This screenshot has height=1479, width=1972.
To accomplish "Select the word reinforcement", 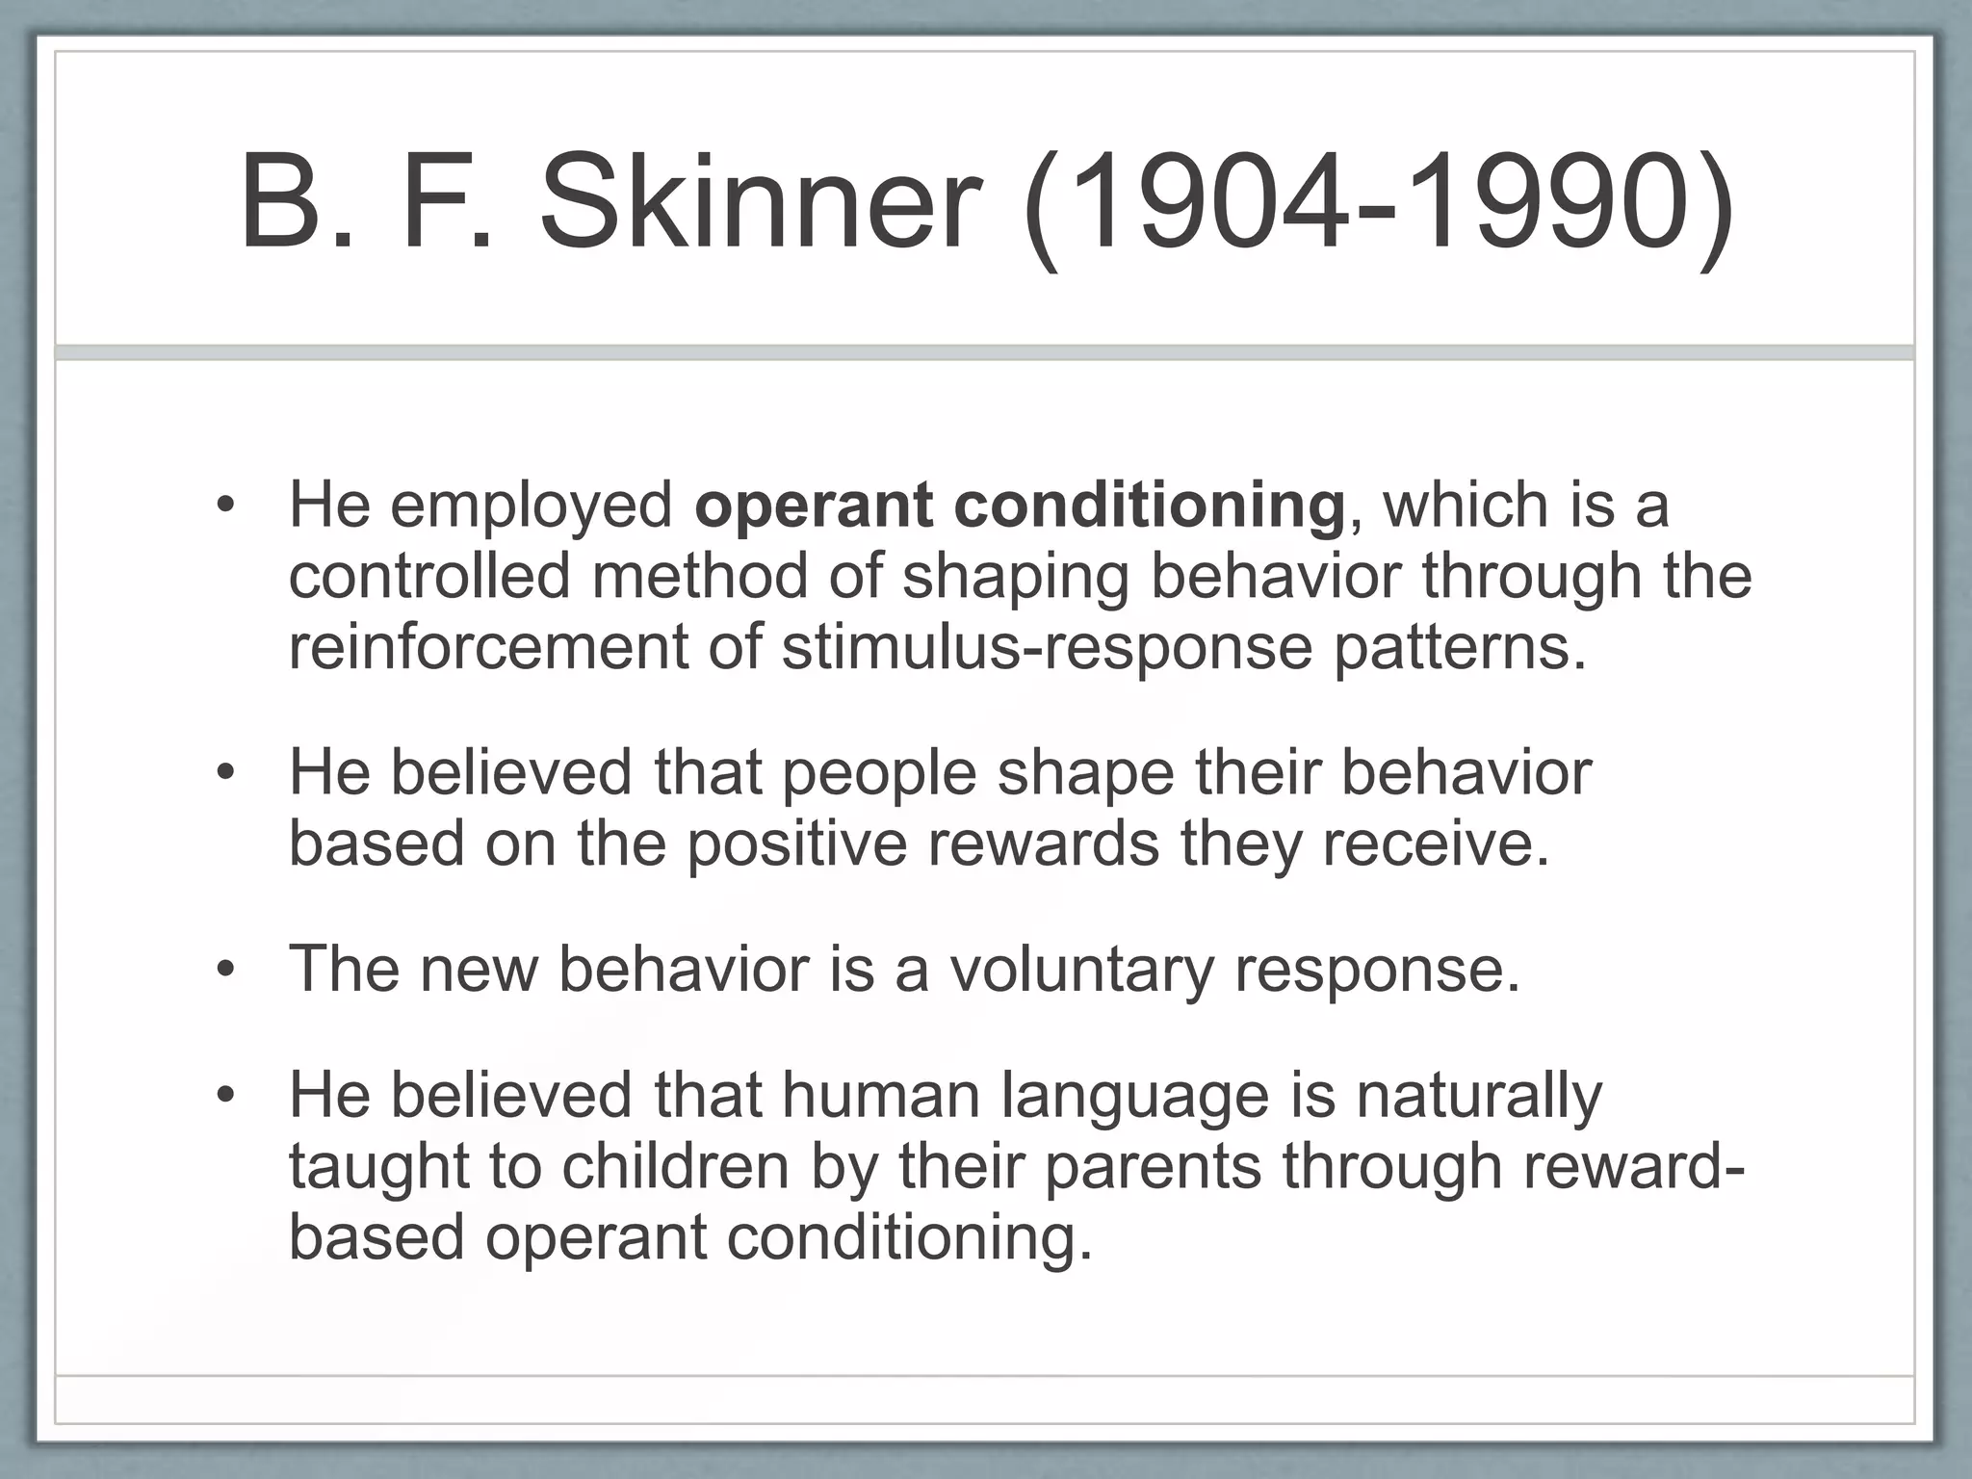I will pos(488,646).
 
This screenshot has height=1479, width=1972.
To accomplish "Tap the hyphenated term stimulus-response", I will pos(1048,648).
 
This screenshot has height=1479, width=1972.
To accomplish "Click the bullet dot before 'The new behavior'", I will pos(225,970).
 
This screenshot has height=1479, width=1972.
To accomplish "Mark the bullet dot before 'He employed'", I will pos(225,506).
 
